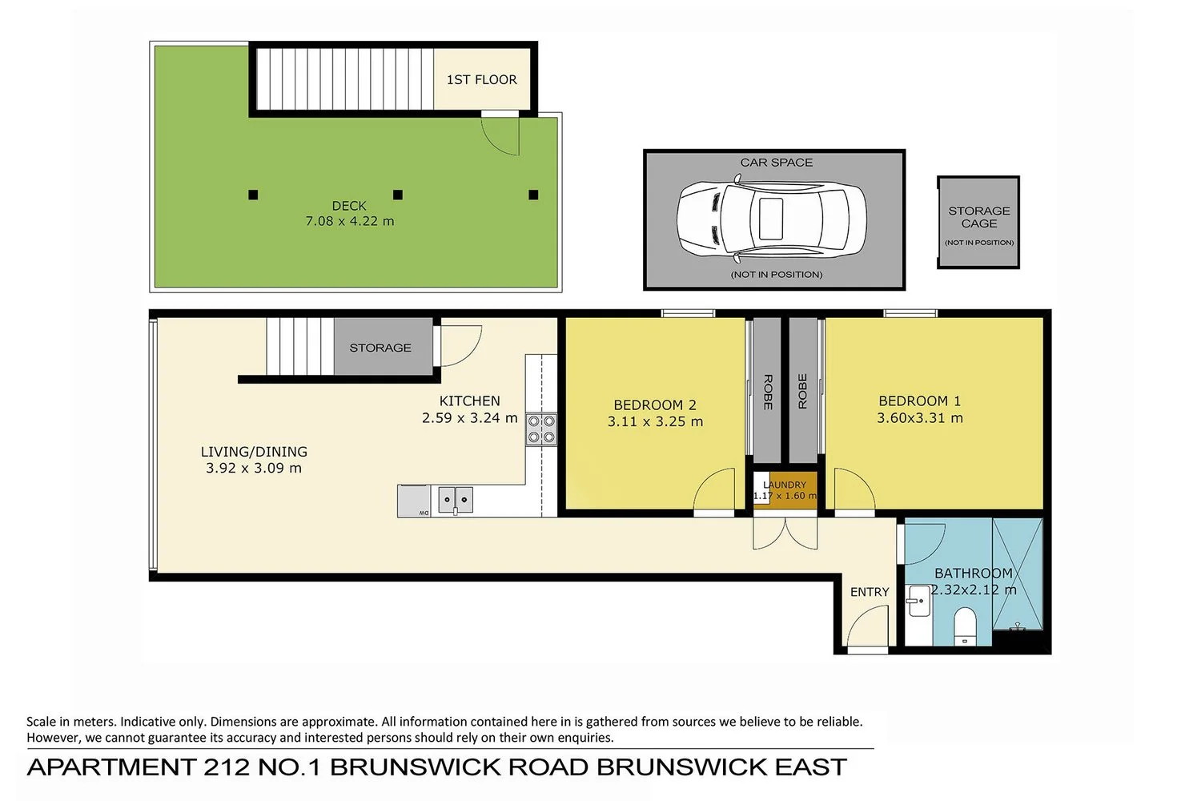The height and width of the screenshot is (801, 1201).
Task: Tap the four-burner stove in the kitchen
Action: (541, 429)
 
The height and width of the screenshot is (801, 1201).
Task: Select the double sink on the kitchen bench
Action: (456, 500)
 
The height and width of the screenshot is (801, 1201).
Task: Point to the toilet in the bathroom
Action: (965, 626)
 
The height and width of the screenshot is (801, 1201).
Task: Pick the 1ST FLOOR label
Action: (481, 80)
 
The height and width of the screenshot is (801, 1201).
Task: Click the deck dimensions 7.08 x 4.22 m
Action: (350, 221)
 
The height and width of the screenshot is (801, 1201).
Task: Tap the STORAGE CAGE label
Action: (979, 217)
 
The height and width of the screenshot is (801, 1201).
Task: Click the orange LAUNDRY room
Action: (793, 490)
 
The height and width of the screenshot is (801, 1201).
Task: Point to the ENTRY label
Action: (870, 592)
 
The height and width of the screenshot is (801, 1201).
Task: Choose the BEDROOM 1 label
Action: (919, 400)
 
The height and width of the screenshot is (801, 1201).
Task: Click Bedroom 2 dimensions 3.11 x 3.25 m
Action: (655, 421)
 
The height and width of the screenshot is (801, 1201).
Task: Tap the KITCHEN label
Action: (470, 400)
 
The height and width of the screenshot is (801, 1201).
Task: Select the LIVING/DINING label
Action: (254, 452)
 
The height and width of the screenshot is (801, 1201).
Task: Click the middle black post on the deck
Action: (398, 195)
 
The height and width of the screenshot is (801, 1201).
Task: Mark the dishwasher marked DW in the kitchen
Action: (414, 501)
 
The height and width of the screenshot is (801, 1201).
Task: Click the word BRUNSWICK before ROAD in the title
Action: (415, 767)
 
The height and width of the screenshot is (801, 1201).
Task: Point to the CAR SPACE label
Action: (777, 163)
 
